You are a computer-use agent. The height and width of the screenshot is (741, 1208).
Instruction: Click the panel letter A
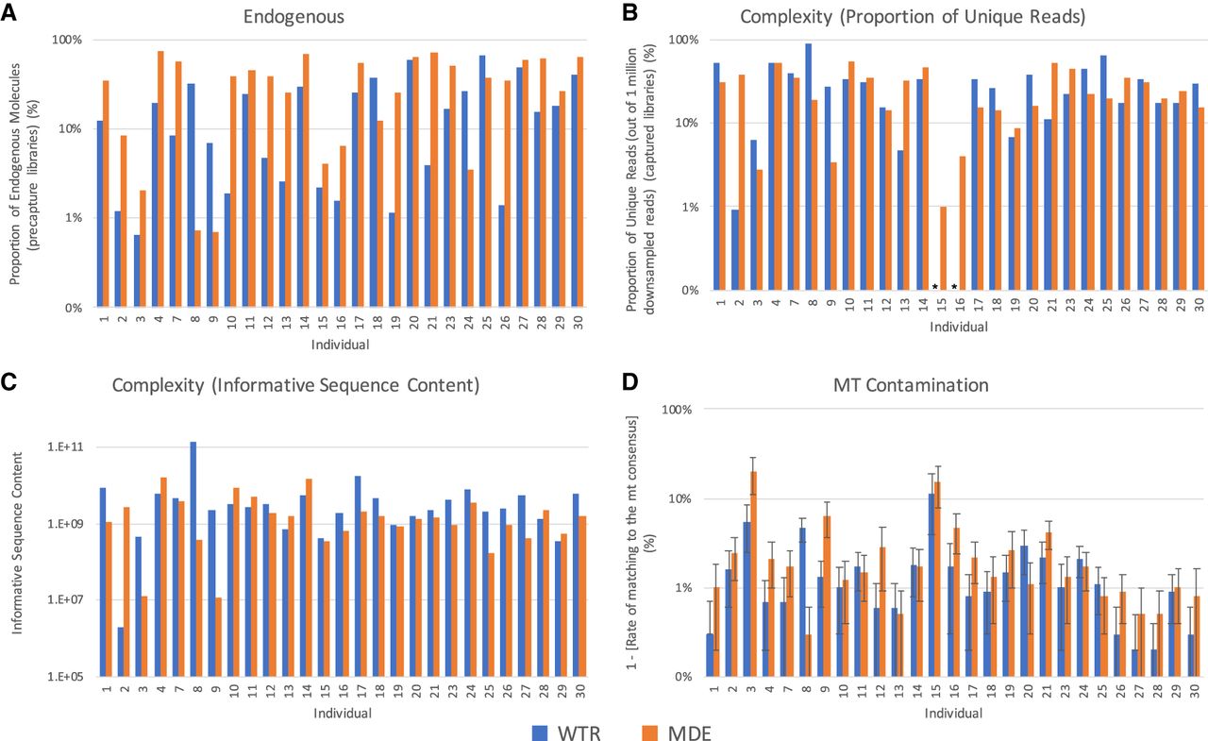tap(8, 12)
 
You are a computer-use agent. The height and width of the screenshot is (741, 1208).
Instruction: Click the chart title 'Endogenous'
tap(294, 17)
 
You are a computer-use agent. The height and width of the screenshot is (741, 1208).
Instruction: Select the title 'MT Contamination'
tap(911, 385)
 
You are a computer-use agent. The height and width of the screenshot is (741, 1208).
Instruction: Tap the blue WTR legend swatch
tap(540, 733)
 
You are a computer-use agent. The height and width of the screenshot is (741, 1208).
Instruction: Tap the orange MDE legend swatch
tap(650, 733)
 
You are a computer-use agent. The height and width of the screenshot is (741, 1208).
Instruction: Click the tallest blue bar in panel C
tap(193, 559)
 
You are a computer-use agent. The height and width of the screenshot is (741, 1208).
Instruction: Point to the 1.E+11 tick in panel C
tap(65, 447)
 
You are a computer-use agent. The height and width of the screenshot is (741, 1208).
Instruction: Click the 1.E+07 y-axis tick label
tap(65, 599)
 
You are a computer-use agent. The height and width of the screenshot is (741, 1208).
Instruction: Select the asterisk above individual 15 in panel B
tap(935, 286)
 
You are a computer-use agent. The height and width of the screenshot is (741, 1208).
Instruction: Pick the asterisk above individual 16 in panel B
tap(954, 286)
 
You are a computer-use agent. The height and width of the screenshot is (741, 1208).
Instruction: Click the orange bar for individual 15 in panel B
tap(943, 248)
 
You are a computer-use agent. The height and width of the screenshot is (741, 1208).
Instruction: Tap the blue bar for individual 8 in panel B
tap(809, 167)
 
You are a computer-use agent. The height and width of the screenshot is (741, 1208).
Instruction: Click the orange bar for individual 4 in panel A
tap(160, 179)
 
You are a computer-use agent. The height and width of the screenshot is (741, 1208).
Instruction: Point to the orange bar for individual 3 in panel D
tap(753, 574)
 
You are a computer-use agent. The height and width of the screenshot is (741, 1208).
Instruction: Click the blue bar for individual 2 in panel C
tap(121, 652)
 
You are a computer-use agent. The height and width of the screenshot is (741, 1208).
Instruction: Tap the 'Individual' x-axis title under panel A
tap(341, 345)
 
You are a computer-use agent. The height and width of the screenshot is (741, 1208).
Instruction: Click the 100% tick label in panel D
tap(677, 410)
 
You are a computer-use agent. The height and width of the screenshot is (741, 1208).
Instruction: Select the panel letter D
tap(629, 381)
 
